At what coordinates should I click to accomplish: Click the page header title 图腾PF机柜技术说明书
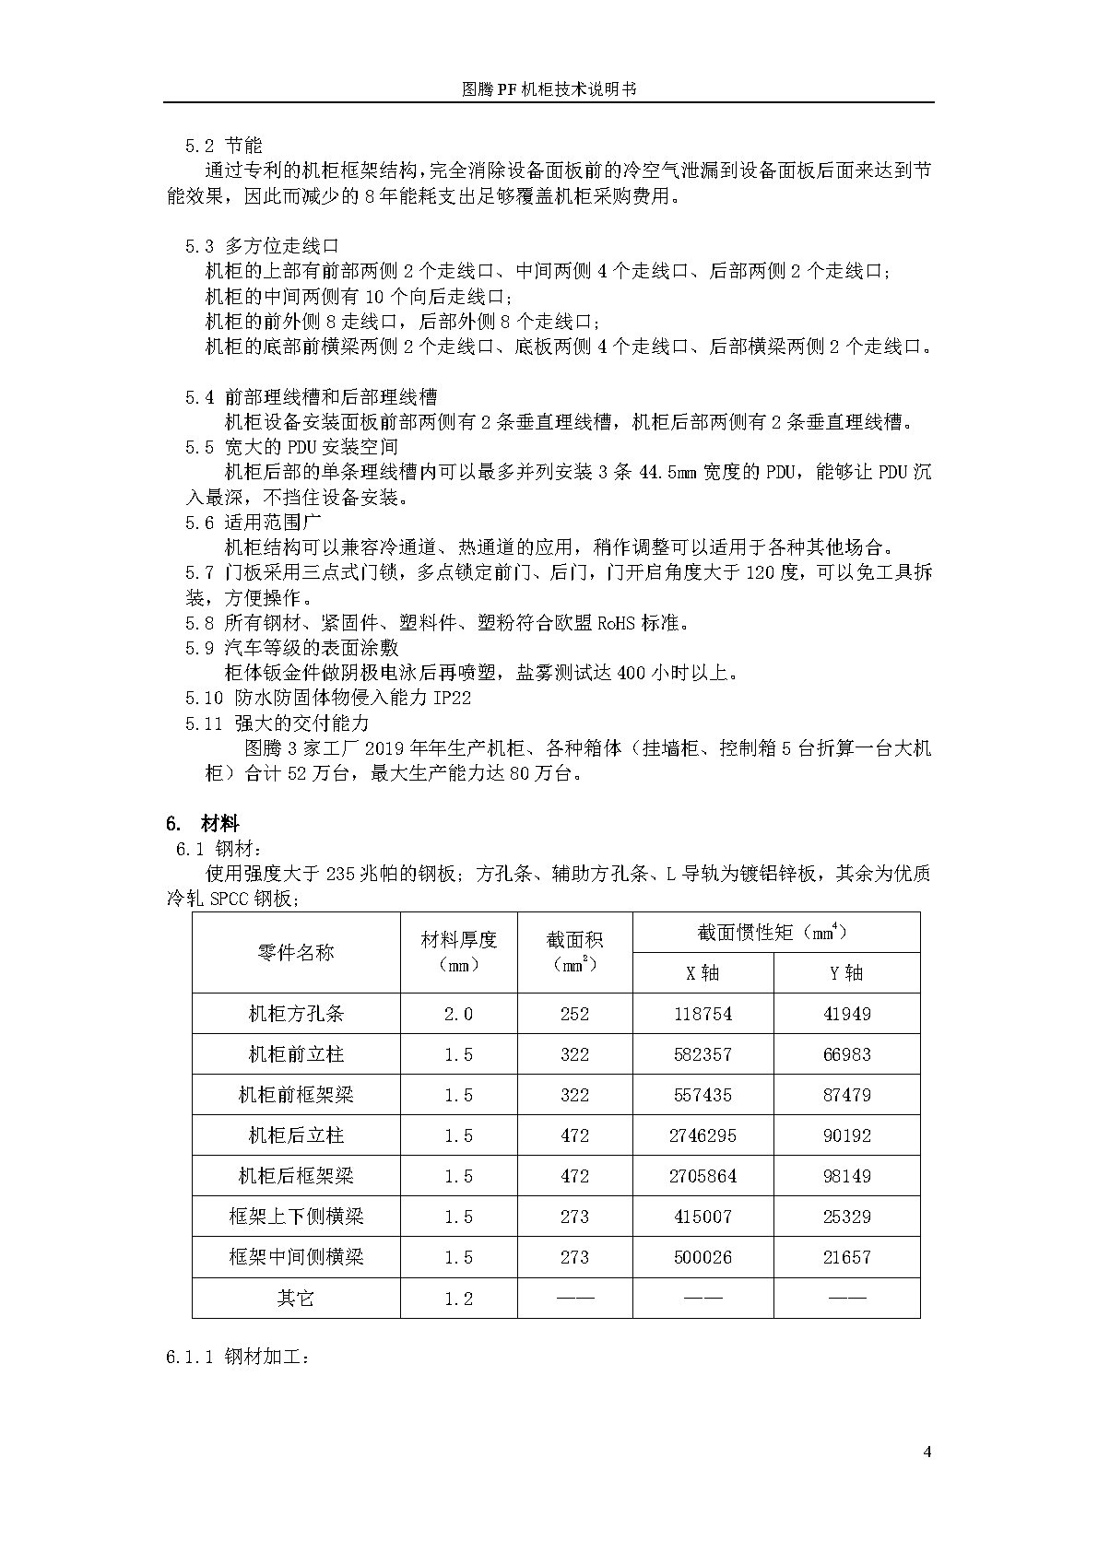(x=549, y=89)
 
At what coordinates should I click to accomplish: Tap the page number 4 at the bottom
(x=927, y=1453)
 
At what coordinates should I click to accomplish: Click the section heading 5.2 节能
(x=224, y=146)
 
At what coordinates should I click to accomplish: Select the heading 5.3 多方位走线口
(x=262, y=246)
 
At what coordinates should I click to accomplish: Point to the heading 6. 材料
(x=203, y=823)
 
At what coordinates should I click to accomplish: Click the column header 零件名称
(x=296, y=952)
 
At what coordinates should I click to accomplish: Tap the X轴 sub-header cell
(x=702, y=973)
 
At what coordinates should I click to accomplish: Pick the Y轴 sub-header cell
(x=846, y=973)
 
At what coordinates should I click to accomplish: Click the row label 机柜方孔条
(x=296, y=1014)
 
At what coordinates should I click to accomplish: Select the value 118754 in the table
(x=702, y=1014)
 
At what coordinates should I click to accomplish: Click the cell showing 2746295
(x=702, y=1135)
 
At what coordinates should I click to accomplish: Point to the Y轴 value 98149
(x=846, y=1176)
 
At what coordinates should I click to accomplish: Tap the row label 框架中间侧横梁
(x=296, y=1257)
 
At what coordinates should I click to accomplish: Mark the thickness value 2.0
(x=458, y=1014)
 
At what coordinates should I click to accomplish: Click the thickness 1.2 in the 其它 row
(x=458, y=1299)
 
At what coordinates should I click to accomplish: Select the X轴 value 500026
(x=702, y=1257)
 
